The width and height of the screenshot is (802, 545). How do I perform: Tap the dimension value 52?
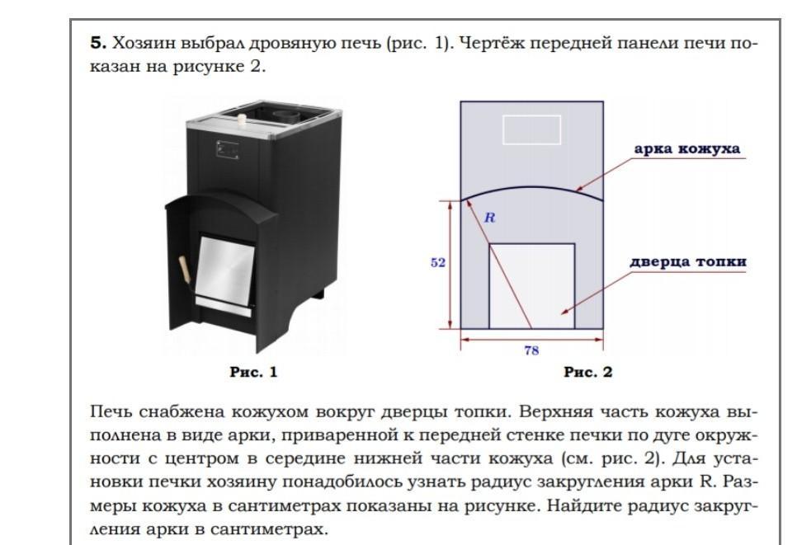[438, 263]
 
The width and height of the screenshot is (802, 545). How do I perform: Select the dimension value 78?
[531, 350]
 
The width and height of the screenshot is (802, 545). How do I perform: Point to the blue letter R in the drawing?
[488, 218]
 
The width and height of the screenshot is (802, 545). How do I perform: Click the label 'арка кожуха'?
[686, 149]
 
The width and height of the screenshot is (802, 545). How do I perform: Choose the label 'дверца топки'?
[688, 262]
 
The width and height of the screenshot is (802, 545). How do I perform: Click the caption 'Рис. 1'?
[253, 373]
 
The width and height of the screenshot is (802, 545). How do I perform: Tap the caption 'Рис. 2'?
[588, 373]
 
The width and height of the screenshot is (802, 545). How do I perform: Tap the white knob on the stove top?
[243, 120]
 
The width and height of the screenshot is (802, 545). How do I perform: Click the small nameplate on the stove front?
[225, 149]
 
